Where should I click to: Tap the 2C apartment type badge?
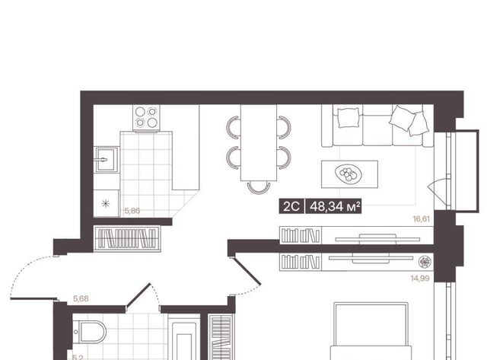coord(291,206)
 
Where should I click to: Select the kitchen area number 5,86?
coord(132,211)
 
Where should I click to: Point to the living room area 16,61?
coord(421,219)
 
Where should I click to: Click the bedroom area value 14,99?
coord(420,279)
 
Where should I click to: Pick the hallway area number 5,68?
coord(81,298)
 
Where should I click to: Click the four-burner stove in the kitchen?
coord(146,118)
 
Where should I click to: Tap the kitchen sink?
coord(107,160)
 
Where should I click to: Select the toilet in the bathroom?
coord(90,332)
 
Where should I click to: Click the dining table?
coord(259,142)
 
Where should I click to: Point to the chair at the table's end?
coord(259,188)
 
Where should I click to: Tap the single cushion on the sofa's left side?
coord(349,117)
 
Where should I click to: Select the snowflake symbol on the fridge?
coord(106,203)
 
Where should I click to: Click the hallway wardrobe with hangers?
coord(127,238)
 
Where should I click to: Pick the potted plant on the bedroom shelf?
coord(424,262)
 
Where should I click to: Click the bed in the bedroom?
coord(371,331)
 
